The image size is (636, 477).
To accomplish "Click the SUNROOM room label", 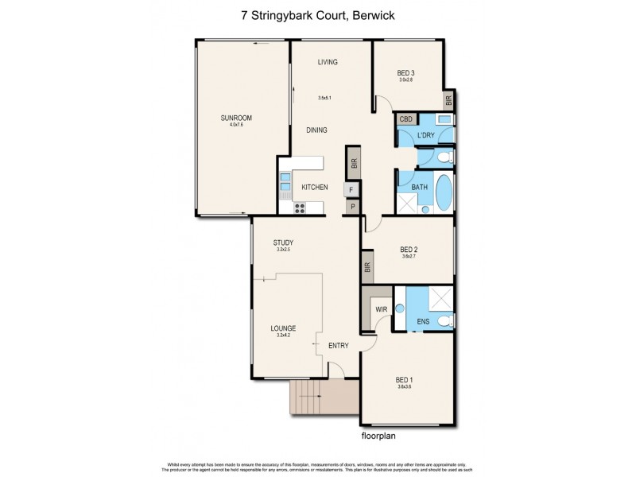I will tap(236, 118).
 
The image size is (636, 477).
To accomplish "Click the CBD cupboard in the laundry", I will tap(406, 119).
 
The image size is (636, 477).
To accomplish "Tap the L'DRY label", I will tap(425, 135).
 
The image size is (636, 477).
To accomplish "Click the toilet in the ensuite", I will tap(445, 321).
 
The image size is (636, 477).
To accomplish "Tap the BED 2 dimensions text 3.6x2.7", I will tap(410, 257).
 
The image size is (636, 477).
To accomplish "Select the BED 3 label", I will tap(406, 73).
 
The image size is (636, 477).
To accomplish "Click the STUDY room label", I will tap(284, 242).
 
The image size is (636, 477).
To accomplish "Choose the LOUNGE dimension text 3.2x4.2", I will tap(282, 335).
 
